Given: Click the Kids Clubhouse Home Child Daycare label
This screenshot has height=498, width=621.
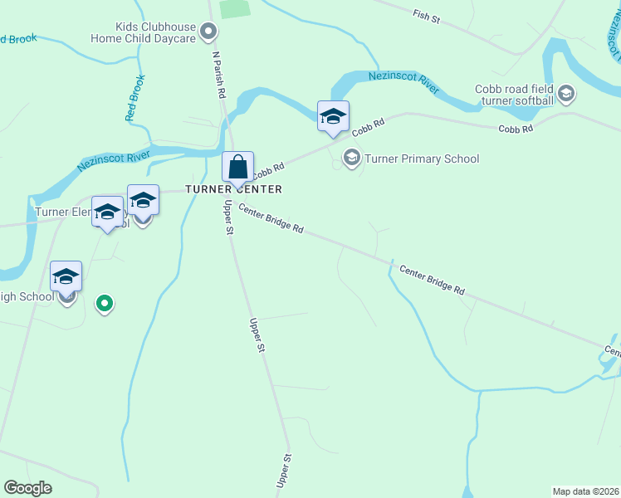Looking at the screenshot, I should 143,32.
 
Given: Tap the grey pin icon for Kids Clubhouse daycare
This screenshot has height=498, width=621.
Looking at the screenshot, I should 209,32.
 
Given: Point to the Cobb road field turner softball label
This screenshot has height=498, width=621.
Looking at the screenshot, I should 515,95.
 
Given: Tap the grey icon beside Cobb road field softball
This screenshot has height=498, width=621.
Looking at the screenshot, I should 567,93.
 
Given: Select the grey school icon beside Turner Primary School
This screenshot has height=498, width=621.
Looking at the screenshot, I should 352,158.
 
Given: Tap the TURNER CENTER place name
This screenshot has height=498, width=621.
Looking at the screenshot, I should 233,189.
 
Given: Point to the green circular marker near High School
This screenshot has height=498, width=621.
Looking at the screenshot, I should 104,304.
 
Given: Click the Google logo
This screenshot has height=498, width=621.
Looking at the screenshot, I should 28,488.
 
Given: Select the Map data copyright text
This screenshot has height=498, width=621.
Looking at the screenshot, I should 585,491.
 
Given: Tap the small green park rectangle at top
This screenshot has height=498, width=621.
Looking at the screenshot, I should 236,8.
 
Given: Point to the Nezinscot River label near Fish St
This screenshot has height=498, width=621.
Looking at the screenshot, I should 403,83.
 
